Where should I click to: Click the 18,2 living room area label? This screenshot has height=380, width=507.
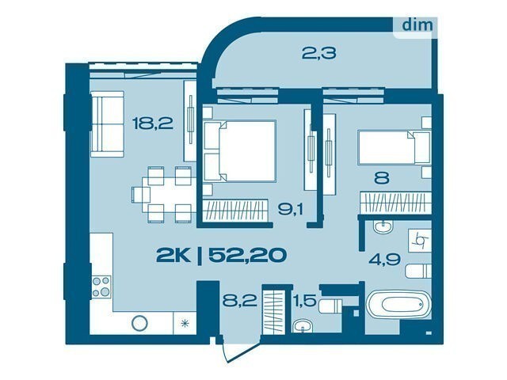tap(153, 123)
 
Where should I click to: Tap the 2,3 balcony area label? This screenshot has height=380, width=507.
tap(318, 53)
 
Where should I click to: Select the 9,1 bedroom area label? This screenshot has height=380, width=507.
tap(291, 210)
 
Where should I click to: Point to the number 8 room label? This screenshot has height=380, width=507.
tap(382, 178)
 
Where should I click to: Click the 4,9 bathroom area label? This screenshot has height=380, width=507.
tap(385, 259)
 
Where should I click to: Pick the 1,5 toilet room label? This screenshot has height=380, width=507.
tap(304, 301)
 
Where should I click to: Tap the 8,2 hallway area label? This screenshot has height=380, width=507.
tap(239, 301)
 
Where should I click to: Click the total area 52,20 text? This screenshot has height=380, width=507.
tap(248, 255)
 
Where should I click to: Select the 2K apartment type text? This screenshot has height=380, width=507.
tap(173, 255)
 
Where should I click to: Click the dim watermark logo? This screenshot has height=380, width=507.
tap(417, 25)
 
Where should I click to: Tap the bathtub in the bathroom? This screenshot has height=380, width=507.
tap(398, 304)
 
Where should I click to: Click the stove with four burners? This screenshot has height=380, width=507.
tap(101, 287)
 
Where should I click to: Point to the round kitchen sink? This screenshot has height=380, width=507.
tap(140, 323)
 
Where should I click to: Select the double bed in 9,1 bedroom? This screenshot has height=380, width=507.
tap(239, 150)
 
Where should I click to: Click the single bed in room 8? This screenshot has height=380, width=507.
tap(395, 147)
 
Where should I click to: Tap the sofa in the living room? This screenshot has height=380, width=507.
tap(107, 124)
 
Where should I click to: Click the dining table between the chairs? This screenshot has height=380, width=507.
tap(169, 195)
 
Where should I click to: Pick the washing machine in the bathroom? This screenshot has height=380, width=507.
tap(420, 241)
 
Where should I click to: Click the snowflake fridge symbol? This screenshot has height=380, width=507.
tap(185, 323)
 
